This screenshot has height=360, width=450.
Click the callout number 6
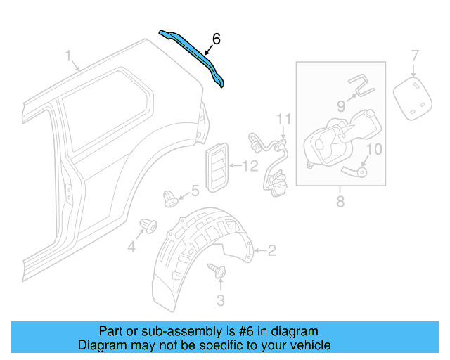(216, 40)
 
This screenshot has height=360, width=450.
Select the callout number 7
(414, 55)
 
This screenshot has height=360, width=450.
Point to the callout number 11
(283, 117)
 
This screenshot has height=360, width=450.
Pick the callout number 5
(195, 191)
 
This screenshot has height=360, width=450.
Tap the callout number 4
(131, 247)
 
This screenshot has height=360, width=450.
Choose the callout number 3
(220, 302)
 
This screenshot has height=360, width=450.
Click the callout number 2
(271, 250)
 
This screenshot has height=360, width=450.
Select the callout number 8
(340, 202)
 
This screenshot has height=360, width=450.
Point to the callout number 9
(341, 106)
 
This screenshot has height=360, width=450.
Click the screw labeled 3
(215, 269)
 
